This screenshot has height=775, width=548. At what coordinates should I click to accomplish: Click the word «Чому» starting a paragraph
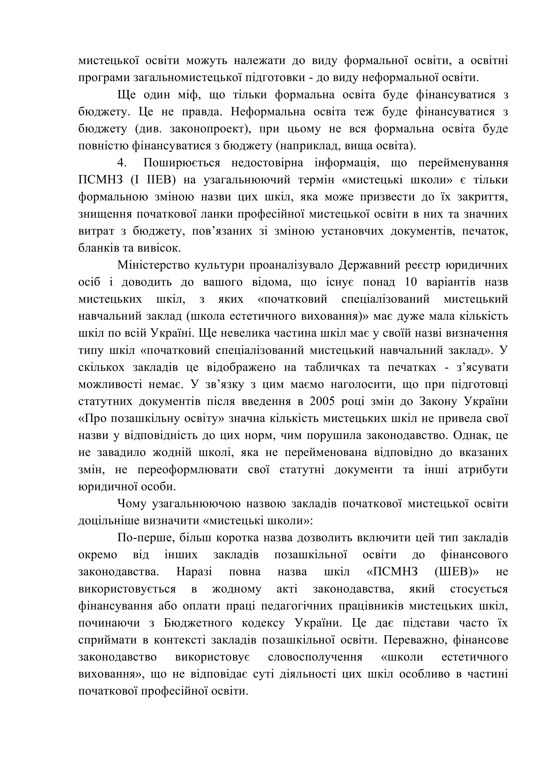click(x=132, y=504)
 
